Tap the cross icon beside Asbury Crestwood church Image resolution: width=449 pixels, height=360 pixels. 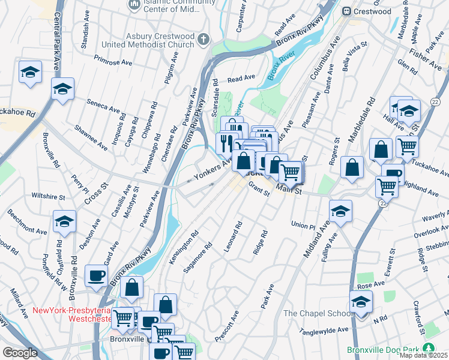click(x=203, y=40)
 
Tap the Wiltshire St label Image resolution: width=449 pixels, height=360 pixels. click(x=48, y=196)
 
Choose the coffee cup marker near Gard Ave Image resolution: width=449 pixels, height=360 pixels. click(x=97, y=276)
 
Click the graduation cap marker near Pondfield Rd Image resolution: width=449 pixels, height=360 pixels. click(x=65, y=221)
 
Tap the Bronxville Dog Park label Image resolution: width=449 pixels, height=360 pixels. click(x=384, y=350)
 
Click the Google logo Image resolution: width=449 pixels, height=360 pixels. click(x=20, y=353)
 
